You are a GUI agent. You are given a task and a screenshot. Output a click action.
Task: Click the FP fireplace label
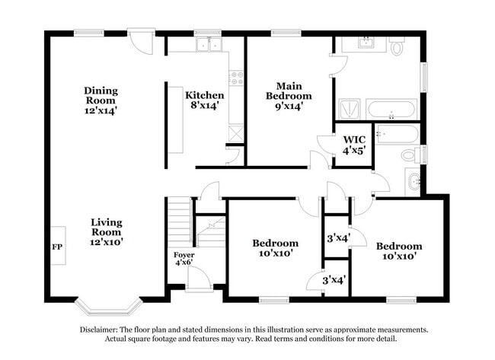(x=57, y=247)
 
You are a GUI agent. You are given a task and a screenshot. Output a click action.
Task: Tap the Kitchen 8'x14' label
(x=205, y=100)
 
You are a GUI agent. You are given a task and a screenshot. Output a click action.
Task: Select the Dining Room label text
(x=101, y=96)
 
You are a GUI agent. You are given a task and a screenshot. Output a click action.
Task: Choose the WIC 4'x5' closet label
(x=354, y=145)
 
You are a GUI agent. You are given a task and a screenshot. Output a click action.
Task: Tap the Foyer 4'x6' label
(x=184, y=259)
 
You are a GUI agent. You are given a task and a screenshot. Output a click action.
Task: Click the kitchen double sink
(x=209, y=44)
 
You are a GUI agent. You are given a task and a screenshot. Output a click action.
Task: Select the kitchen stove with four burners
(x=236, y=78)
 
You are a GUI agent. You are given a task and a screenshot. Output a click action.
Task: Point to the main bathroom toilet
(x=397, y=46)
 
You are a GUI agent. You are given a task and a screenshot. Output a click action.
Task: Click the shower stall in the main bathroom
(x=350, y=109)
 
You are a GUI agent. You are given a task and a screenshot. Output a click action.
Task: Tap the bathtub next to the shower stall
(x=391, y=109)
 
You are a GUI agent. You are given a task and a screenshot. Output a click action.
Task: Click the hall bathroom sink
(x=413, y=182)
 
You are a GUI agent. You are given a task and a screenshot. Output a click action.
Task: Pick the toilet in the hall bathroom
(x=411, y=155)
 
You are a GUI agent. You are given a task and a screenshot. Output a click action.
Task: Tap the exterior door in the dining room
(x=141, y=41)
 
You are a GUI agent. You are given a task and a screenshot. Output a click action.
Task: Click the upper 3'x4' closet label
(x=338, y=237)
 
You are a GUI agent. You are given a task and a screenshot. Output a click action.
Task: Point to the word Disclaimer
(x=99, y=330)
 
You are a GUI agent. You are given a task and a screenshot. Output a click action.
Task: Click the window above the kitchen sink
(x=207, y=32)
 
